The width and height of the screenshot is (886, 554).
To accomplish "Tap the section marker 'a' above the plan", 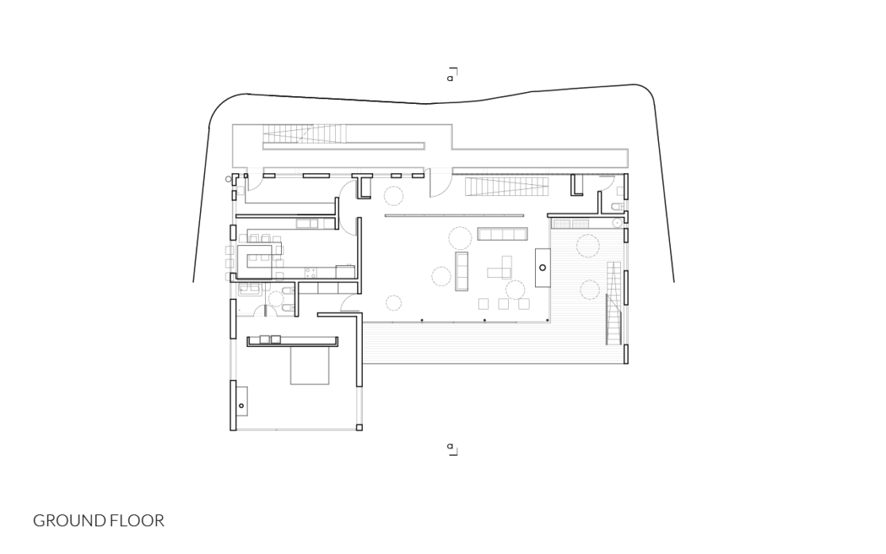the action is tap(450, 78).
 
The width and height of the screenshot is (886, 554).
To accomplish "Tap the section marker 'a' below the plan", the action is tap(450, 446).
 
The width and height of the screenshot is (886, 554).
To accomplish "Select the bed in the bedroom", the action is tap(310, 365).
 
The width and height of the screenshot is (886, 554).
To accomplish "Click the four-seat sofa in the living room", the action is tap(503, 233).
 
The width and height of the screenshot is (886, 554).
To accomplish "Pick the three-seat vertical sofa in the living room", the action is tap(462, 271).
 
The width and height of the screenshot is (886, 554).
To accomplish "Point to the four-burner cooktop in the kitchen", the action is tap(310, 273).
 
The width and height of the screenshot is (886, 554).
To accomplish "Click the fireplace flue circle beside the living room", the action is tap(543, 267).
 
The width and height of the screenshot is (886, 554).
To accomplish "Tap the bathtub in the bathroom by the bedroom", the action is tap(250, 290).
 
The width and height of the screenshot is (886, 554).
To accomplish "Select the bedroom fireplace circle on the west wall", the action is tap(241, 406).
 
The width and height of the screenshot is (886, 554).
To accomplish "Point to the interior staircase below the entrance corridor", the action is tap(507, 187).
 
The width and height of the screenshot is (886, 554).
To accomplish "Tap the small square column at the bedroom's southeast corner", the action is tap(359, 428).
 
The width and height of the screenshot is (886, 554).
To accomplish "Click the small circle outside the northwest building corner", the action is tap(229, 179).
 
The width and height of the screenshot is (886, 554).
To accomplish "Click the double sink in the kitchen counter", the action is tap(307, 224).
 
